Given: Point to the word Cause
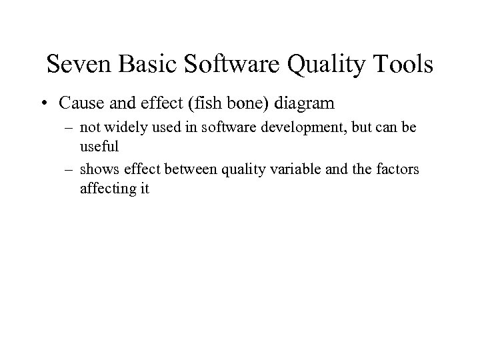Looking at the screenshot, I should click(79, 103).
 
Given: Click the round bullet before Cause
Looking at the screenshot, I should click(43, 104).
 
